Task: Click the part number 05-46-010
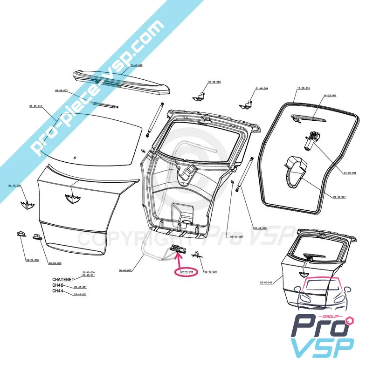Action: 36,106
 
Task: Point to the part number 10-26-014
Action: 304,88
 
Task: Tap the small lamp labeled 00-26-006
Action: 21,234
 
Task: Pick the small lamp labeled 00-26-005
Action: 37,238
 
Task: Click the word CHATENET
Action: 63,279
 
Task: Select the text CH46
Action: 57,285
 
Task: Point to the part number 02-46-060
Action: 260,228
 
